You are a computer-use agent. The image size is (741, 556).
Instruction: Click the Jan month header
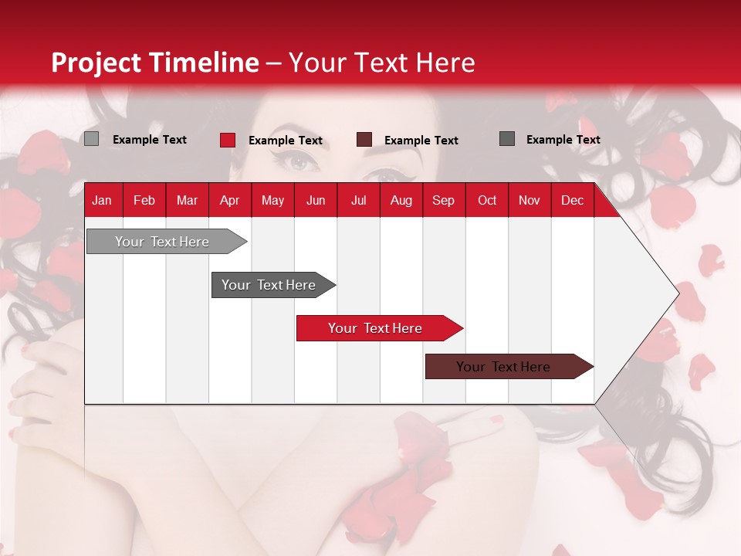pyautogui.click(x=102, y=200)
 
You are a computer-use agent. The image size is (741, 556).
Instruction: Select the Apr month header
pyautogui.click(x=229, y=200)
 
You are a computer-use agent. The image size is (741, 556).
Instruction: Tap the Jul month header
pyautogui.click(x=358, y=200)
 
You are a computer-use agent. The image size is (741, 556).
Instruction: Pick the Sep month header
pyautogui.click(x=443, y=200)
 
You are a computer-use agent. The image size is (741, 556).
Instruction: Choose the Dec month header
pyautogui.click(x=572, y=200)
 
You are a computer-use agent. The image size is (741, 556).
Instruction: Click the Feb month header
pyautogui.click(x=144, y=200)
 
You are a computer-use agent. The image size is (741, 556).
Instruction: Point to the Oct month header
pyautogui.click(x=487, y=200)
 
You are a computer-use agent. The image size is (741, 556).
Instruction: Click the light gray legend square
pyautogui.click(x=92, y=139)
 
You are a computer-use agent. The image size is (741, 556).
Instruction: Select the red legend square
pyautogui.click(x=228, y=140)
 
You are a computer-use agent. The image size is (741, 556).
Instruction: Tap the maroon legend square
pyautogui.click(x=364, y=140)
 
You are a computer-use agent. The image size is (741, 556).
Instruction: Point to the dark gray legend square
pyautogui.click(x=507, y=139)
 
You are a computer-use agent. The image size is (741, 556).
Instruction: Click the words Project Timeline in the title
pyautogui.click(x=155, y=63)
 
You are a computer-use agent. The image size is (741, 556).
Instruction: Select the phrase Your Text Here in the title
pyautogui.click(x=382, y=63)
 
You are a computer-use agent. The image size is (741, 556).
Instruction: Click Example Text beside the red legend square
pyautogui.click(x=286, y=141)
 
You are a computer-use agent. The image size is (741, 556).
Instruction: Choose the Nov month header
pyautogui.click(x=530, y=200)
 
